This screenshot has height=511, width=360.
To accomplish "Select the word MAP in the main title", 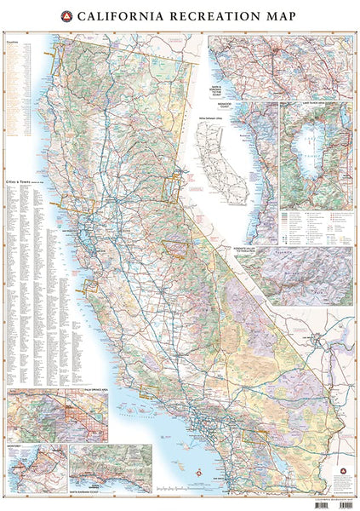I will click(275, 16).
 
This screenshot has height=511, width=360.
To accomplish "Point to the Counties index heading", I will click(13, 39).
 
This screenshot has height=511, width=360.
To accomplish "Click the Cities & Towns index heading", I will click(21, 181).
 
